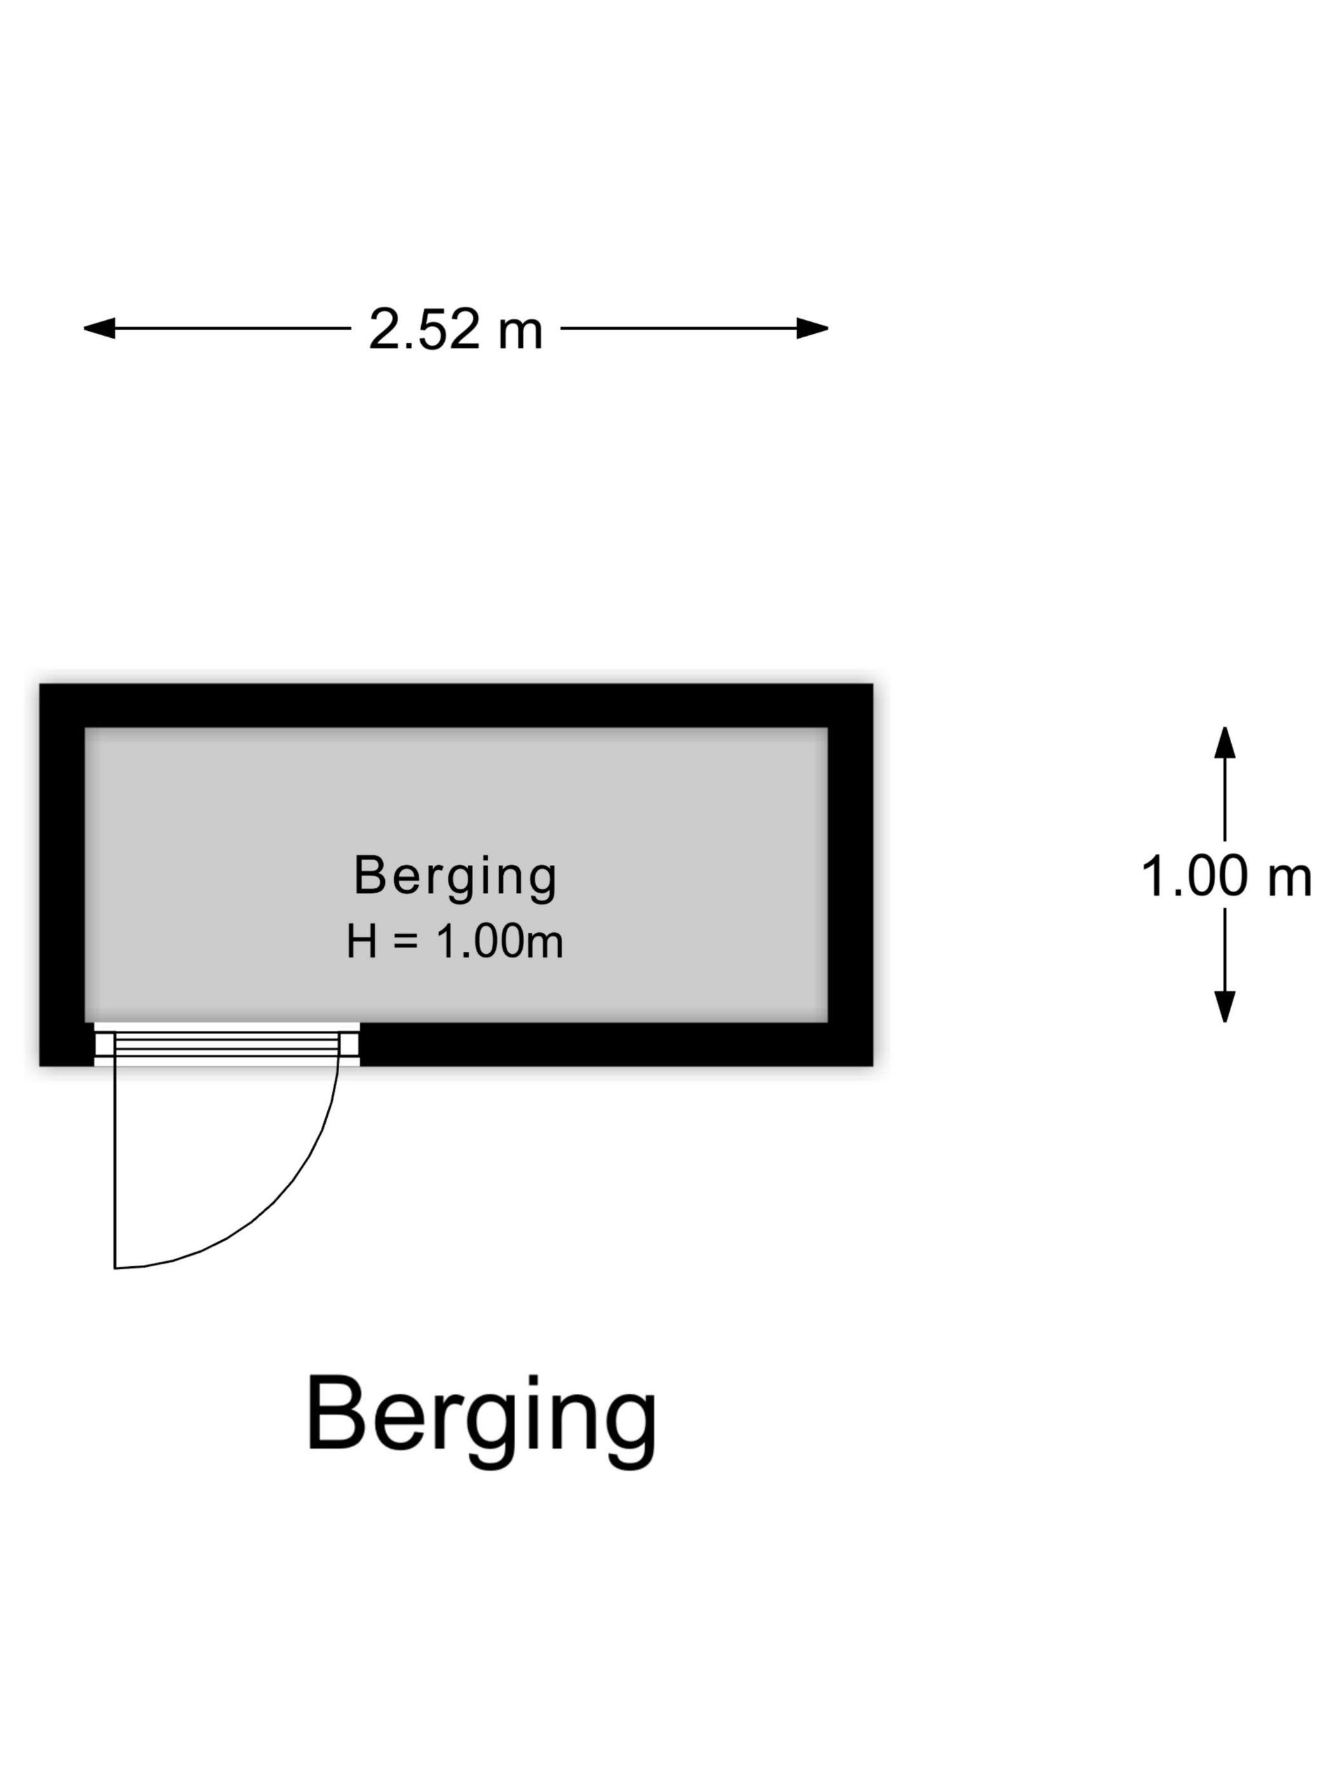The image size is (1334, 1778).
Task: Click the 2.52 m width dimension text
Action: pyautogui.click(x=455, y=329)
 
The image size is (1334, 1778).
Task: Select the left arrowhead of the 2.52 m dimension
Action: pyautogui.click(x=99, y=328)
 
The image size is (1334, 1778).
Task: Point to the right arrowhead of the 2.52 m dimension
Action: pyautogui.click(x=812, y=328)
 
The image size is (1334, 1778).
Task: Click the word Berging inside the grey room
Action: pyautogui.click(x=455, y=877)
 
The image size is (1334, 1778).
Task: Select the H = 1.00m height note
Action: pyautogui.click(x=454, y=940)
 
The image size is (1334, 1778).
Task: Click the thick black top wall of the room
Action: pyautogui.click(x=456, y=705)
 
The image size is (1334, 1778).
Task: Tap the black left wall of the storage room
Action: pyautogui.click(x=62, y=875)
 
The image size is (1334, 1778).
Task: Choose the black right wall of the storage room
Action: pyautogui.click(x=851, y=875)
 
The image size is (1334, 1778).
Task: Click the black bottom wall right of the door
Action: pyautogui.click(x=617, y=1045)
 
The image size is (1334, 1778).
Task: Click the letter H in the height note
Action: pyautogui.click(x=362, y=940)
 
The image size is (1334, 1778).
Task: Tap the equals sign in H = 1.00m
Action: pyautogui.click(x=406, y=941)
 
